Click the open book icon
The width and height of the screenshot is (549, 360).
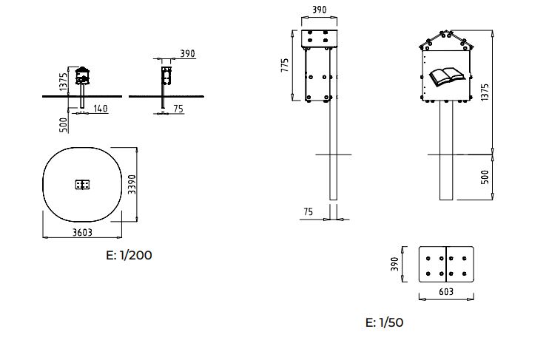coord(447,77)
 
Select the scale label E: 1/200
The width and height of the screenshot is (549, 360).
coord(129,255)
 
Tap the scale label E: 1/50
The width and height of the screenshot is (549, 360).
coord(384,322)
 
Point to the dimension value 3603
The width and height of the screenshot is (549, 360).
coord(82,232)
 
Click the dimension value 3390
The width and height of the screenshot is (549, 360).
coord(132,184)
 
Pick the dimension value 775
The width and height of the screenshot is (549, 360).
coord(285,65)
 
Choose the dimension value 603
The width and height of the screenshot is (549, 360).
coord(446,291)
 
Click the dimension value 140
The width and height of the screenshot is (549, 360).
coord(100,109)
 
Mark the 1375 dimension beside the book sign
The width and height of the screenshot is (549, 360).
coord(484,92)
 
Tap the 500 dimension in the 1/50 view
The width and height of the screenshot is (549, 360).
coord(485,177)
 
